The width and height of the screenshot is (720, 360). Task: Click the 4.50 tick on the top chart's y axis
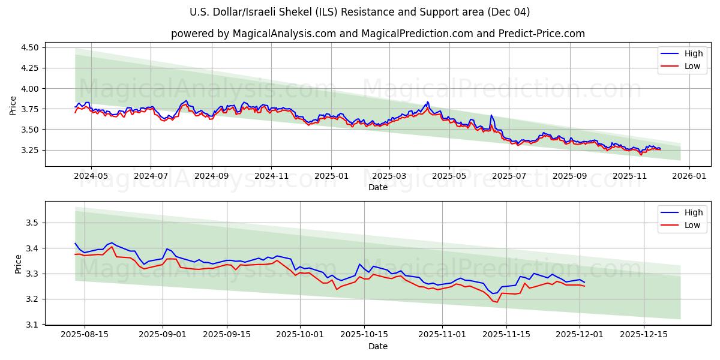tap(29, 47)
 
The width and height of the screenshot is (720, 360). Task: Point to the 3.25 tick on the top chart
tap(29, 150)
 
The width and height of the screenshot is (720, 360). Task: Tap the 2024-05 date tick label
tap(91, 176)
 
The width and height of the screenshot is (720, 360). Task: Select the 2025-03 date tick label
tap(389, 176)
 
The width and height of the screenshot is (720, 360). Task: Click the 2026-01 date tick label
tap(689, 176)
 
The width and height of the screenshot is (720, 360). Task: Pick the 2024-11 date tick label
tap(271, 176)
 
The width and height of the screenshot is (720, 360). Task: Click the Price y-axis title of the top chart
tap(13, 106)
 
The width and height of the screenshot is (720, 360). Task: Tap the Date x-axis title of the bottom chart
tap(377, 346)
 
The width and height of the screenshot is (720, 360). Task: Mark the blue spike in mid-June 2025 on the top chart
tap(491, 115)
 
